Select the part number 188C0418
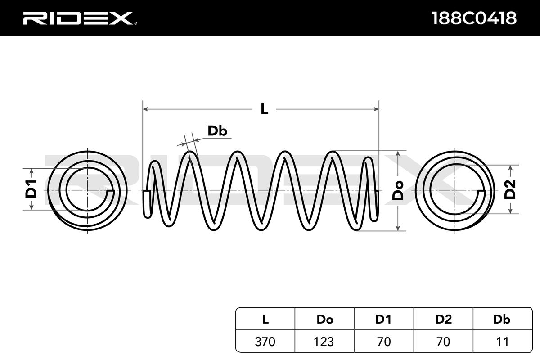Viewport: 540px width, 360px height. pos(474,18)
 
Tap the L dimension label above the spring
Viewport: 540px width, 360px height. pos(264,109)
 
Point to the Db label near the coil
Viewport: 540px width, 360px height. pos(217,131)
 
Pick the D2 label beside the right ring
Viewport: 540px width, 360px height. pos(510,189)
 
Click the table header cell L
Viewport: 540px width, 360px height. pos(265,319)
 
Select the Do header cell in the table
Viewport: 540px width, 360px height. pos(324,319)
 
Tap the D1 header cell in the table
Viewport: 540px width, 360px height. pos(383,319)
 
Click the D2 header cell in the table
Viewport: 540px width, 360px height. pos(443,319)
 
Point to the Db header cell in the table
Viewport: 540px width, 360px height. pos(502,319)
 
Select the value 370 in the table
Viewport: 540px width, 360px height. pos(265,342)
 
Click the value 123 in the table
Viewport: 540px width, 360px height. pos(324,342)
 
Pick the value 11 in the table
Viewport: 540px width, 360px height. pos(502,342)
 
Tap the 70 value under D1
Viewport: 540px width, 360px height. pos(383,342)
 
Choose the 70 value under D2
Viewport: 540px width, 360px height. pos(443,342)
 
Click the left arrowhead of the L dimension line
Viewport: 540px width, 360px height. pos(145,109)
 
